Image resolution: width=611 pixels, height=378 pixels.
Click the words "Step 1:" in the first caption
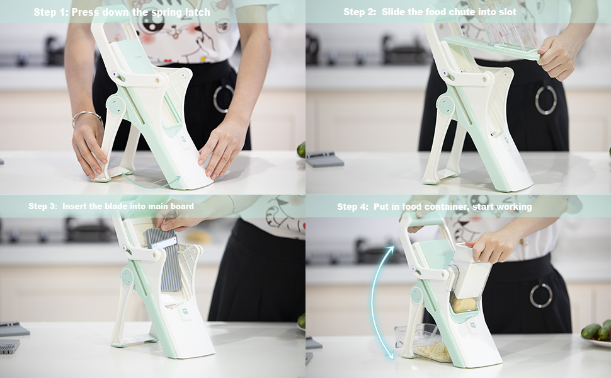(50, 12)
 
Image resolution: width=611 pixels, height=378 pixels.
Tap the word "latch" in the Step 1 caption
(198, 12)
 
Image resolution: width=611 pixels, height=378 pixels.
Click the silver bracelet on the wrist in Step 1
(86, 117)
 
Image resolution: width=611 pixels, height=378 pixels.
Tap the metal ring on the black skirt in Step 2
(546, 100)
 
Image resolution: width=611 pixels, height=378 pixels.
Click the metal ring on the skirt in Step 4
(541, 295)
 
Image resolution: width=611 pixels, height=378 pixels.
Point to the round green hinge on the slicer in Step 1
(117, 106)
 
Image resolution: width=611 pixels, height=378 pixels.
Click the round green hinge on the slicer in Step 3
(127, 277)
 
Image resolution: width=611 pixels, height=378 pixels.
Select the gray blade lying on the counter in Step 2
(324, 159)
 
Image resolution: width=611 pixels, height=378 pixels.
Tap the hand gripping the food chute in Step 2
(557, 57)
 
